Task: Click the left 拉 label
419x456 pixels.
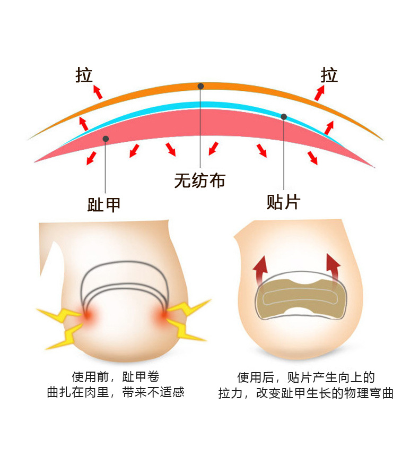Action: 84,75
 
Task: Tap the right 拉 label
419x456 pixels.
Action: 329,75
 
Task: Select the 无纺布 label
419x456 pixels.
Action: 199,180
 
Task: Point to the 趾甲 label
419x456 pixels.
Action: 104,204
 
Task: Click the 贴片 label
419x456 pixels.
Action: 283,202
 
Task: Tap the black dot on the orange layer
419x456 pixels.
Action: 200,86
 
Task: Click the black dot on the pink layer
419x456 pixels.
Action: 106,139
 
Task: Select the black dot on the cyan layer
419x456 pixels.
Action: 284,117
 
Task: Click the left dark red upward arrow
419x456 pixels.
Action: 260,269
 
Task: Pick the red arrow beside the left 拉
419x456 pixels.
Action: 97,91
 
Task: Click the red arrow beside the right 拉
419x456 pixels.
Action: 319,93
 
